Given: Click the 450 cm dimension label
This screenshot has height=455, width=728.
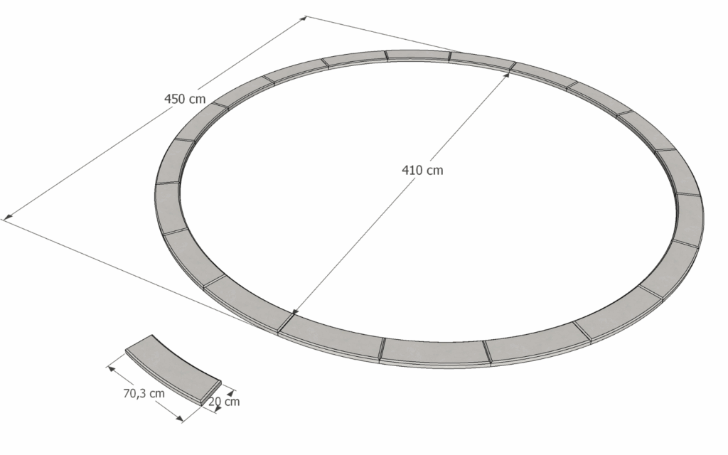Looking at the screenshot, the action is point(185,99).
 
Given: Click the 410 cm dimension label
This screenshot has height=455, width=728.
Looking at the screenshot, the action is point(422,171).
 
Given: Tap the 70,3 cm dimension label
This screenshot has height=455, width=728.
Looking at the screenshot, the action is point(144,393).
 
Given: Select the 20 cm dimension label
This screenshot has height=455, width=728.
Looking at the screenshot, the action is point(224,401).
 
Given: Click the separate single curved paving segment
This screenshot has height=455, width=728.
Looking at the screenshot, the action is point(172,369).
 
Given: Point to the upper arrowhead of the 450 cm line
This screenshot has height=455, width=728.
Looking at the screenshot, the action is point(303,18).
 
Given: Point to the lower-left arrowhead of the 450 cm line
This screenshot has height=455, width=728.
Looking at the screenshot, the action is point(7,216).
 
